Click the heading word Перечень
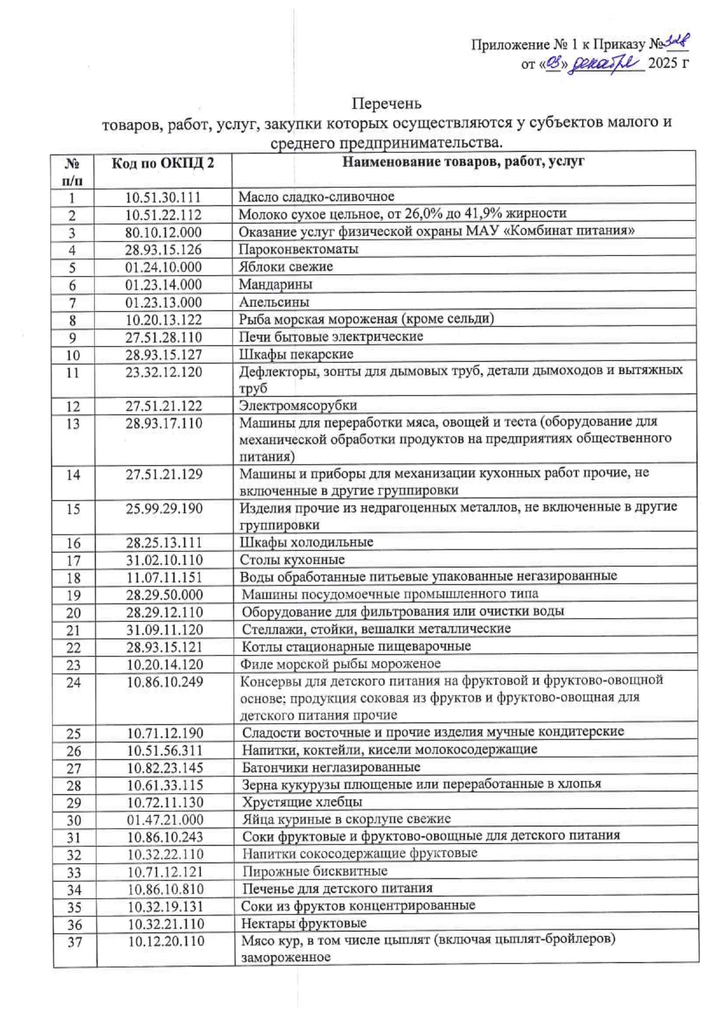386,104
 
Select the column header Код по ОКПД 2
163,163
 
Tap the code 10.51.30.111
163,198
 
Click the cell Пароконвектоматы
299,250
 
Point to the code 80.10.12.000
163,233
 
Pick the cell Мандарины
276,285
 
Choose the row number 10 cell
72,355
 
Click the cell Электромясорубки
298,405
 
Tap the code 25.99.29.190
164,509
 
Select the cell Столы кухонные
292,560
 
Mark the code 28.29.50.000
165,595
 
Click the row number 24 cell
73,682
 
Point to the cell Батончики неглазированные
331,768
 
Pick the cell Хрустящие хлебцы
302,802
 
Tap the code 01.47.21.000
166,819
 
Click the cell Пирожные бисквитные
315,871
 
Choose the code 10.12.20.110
166,941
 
